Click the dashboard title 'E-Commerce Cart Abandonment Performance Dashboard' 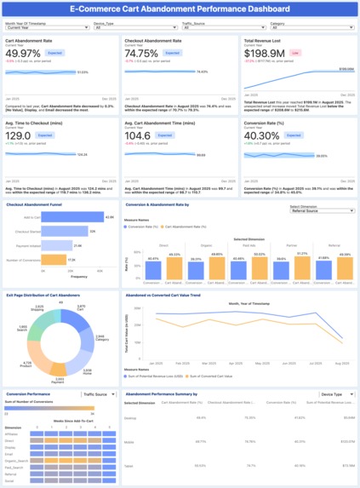point(180,9)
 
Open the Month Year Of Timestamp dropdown point(46,27)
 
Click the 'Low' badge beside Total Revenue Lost point(295,52)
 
